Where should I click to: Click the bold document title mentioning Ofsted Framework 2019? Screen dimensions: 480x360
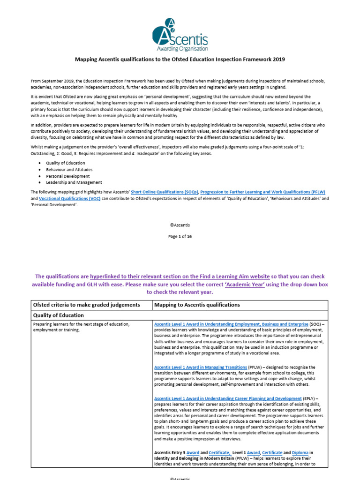[x=180, y=60]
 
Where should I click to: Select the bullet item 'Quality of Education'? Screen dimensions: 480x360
[x=65, y=163]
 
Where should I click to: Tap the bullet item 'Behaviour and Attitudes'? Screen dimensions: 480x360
[x=69, y=169]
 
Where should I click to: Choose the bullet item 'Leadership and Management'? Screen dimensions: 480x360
[x=74, y=182]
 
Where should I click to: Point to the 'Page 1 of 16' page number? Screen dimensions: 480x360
[x=180, y=237]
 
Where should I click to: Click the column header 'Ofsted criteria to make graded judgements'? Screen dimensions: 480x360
[x=86, y=305]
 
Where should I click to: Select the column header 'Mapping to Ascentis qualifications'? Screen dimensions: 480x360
[x=197, y=305]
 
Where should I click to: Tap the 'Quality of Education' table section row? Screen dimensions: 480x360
[x=58, y=315]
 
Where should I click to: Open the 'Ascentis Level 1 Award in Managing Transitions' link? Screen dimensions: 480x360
[x=201, y=367]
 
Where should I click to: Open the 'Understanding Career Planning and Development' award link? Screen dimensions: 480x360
[x=228, y=398]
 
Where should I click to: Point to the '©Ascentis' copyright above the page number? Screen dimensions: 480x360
[x=180, y=225]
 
